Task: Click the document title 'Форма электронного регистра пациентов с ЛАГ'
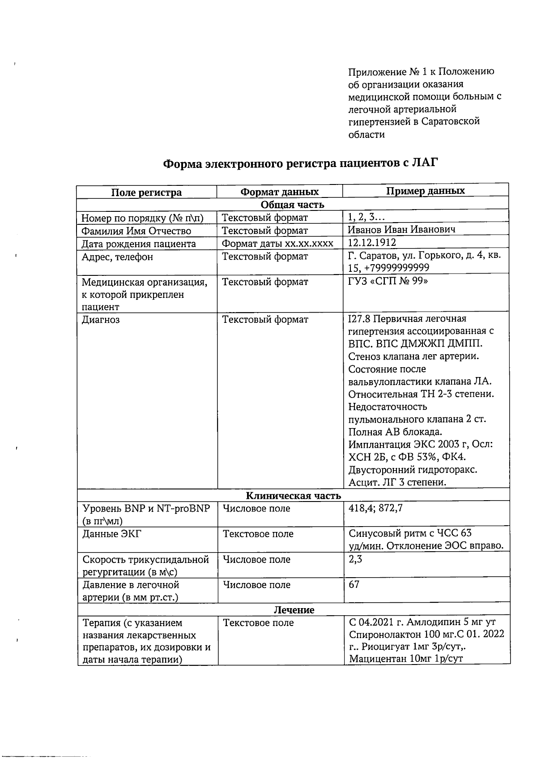[x=299, y=163]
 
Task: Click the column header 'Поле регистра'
[x=146, y=193]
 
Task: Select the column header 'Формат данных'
[x=279, y=192]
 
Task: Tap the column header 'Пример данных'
[x=425, y=191]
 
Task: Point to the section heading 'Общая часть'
[x=292, y=205]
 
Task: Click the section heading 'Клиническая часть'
[x=293, y=496]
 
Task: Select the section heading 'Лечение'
[x=294, y=610]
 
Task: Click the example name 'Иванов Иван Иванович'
[x=401, y=230]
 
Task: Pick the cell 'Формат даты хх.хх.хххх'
[x=277, y=243]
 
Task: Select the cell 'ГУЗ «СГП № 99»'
[x=388, y=282]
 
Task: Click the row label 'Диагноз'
[x=101, y=320]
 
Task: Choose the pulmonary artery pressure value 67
[x=354, y=585]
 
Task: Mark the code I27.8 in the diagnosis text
[x=359, y=319]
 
